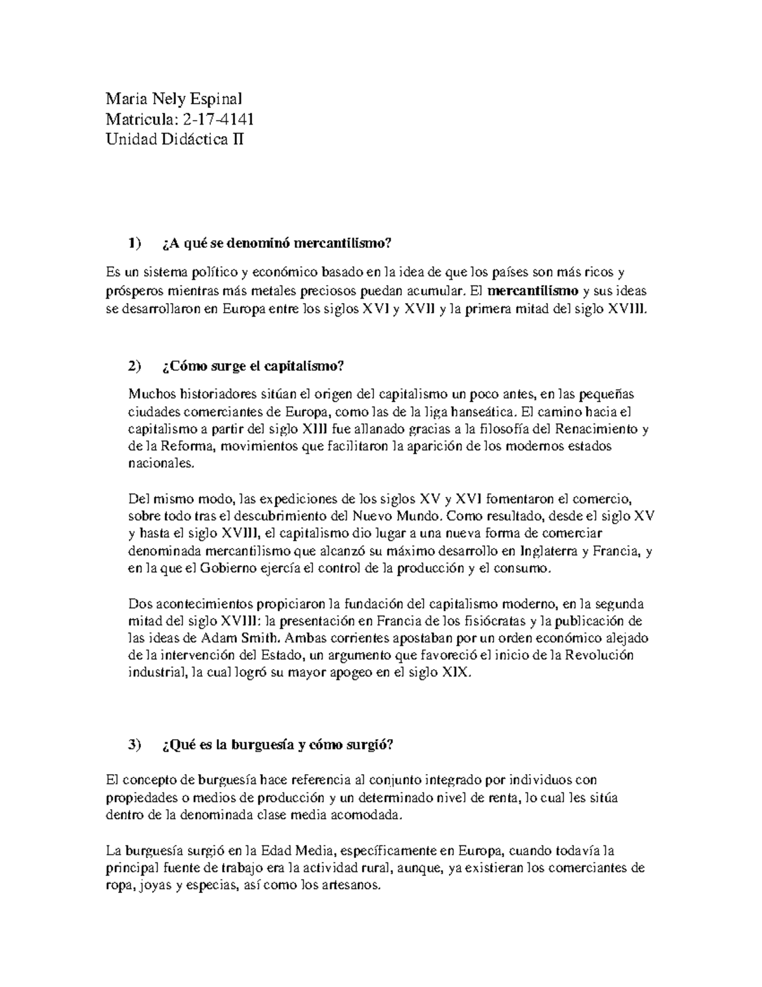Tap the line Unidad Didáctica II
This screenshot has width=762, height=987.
point(174,138)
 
